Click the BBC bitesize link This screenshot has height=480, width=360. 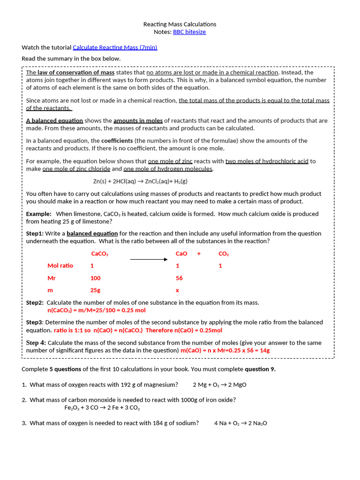click(189, 32)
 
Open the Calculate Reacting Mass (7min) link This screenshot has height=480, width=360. click(115, 47)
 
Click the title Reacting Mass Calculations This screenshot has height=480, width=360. click(180, 24)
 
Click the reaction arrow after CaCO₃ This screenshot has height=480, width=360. click(149, 259)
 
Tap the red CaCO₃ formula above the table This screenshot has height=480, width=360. click(99, 254)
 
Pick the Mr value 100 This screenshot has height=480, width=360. click(95, 278)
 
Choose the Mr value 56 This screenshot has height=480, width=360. click(179, 278)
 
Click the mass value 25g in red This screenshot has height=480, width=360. click(95, 290)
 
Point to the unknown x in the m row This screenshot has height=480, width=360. click(177, 290)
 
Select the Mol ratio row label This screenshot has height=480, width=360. click(60, 266)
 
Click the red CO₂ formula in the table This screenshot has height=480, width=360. click(224, 254)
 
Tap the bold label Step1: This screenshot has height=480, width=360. click(35, 233)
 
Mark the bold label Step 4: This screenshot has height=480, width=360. click(36, 343)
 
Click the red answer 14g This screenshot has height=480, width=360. click(265, 350)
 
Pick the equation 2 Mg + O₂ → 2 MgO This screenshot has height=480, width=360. click(219, 385)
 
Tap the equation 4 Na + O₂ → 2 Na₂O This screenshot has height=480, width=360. click(240, 423)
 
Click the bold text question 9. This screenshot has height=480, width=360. click(260, 369)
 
